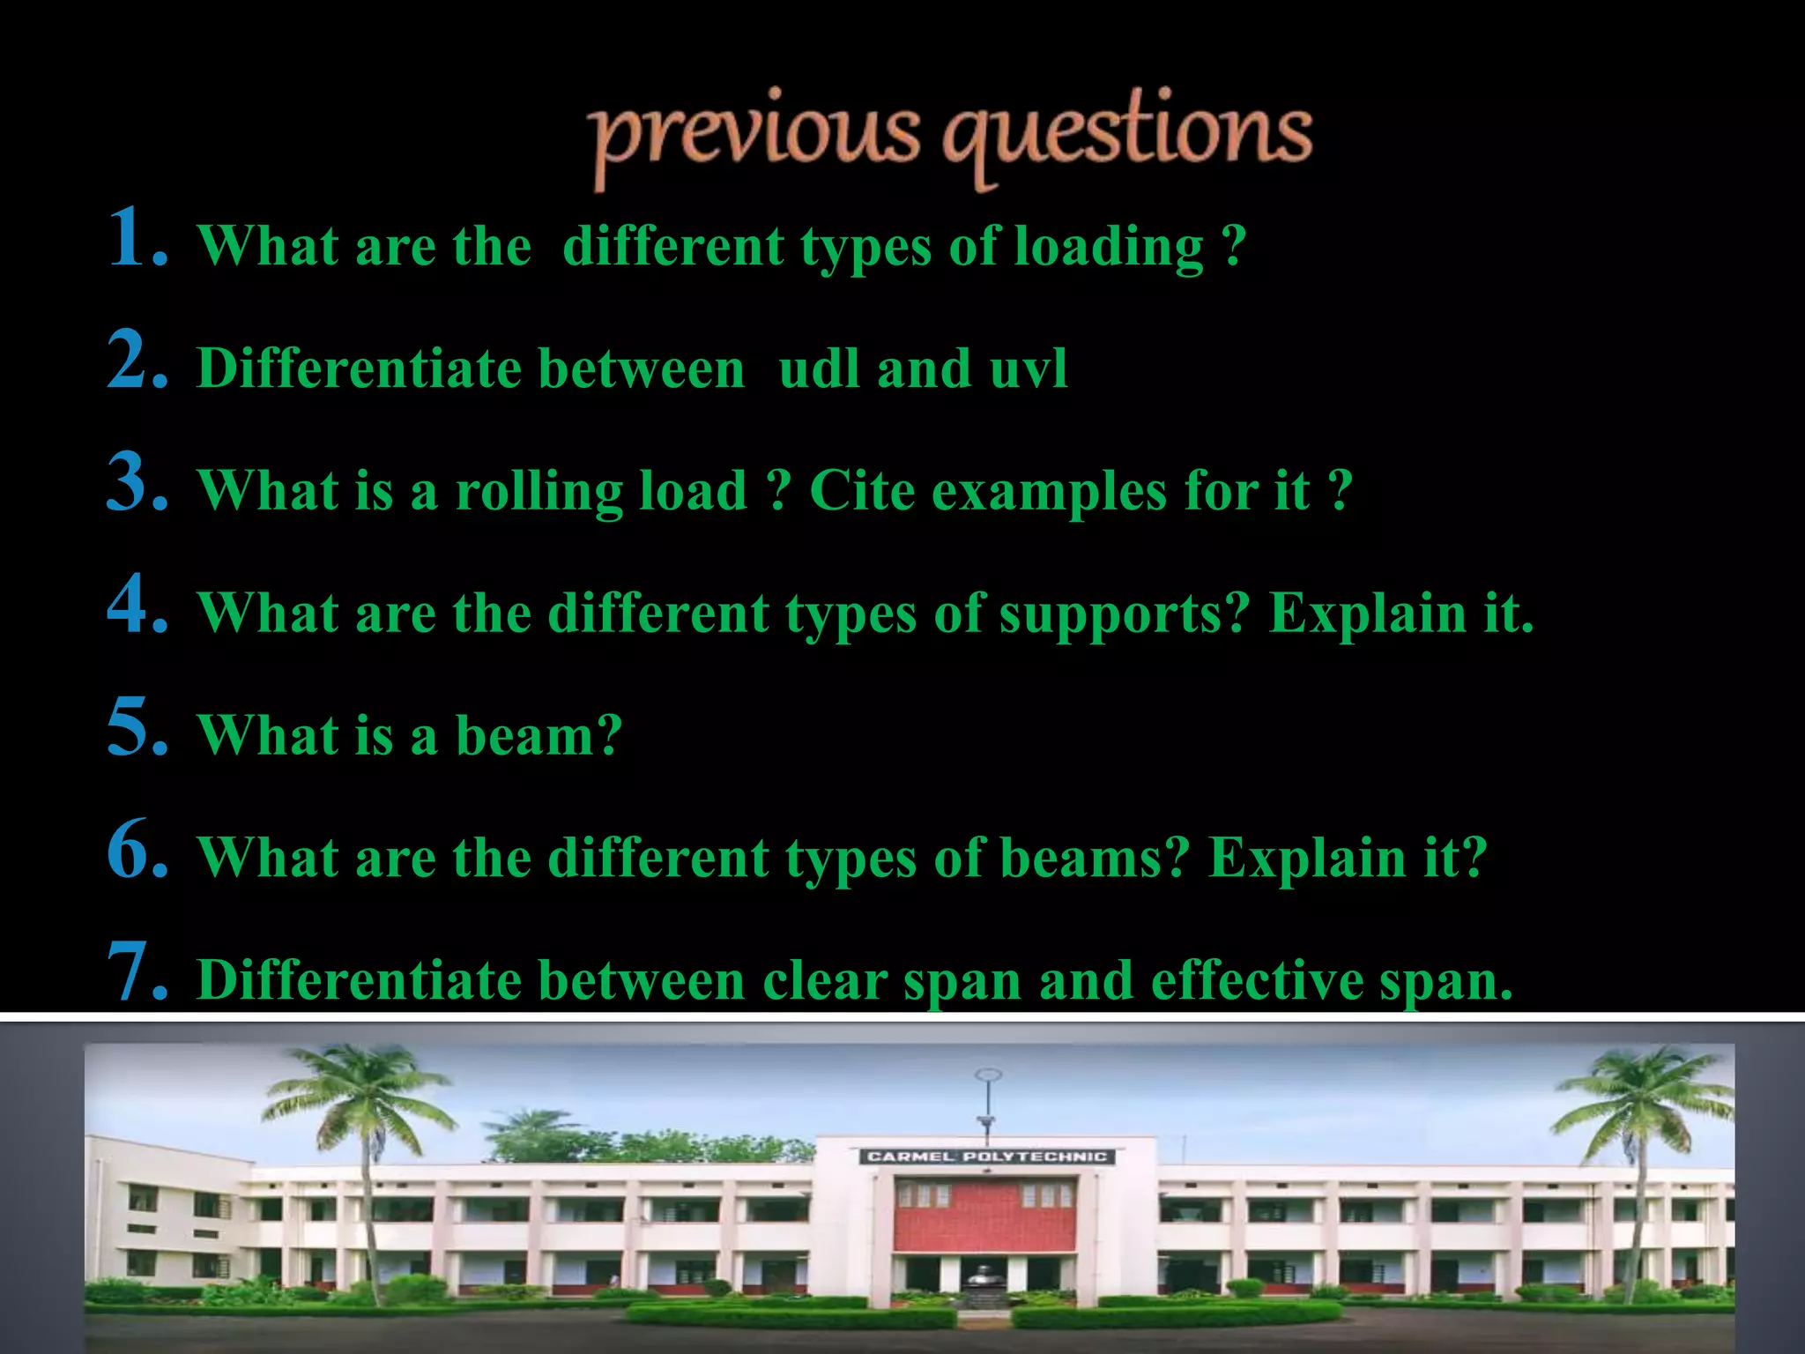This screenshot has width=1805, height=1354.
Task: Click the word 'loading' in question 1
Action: [x=1109, y=247]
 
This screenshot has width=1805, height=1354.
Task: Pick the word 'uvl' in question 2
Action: [x=1029, y=368]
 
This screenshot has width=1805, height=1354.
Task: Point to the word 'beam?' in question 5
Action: [x=539, y=734]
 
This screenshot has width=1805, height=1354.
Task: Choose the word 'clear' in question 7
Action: [x=825, y=980]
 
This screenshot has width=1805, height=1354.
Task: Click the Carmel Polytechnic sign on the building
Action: [x=986, y=1157]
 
